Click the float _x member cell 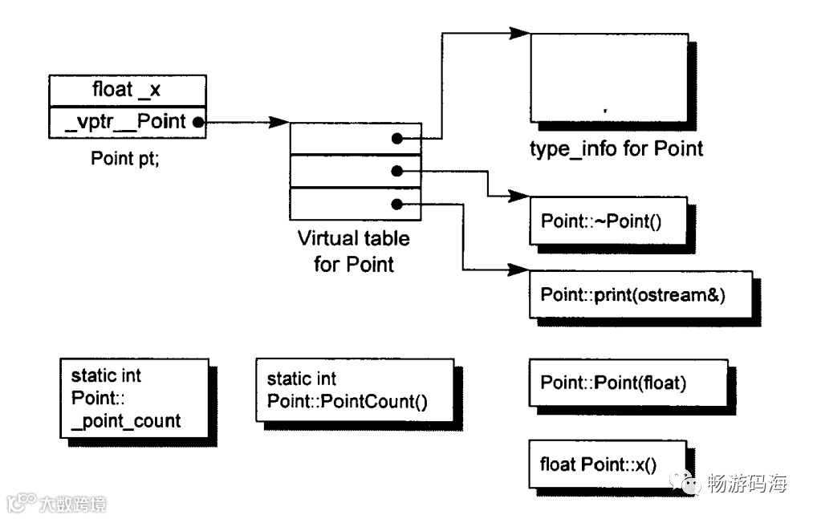click(x=128, y=91)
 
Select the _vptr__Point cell click(x=128, y=123)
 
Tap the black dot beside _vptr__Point click(x=198, y=123)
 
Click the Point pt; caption click(x=125, y=158)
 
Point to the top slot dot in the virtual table click(x=397, y=139)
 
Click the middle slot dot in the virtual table click(x=397, y=171)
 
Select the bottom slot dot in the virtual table click(x=397, y=205)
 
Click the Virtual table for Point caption click(x=354, y=251)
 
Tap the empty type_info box click(x=609, y=78)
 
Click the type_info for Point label click(x=616, y=149)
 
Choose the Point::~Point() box click(x=608, y=221)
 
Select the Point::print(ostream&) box click(x=641, y=294)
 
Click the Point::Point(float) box click(x=628, y=383)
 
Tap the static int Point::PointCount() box click(x=355, y=391)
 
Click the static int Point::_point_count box click(x=134, y=398)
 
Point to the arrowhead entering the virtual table click(x=279, y=123)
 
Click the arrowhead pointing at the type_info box click(x=519, y=33)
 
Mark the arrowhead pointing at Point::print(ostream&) click(x=518, y=270)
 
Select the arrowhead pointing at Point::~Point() click(x=518, y=196)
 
